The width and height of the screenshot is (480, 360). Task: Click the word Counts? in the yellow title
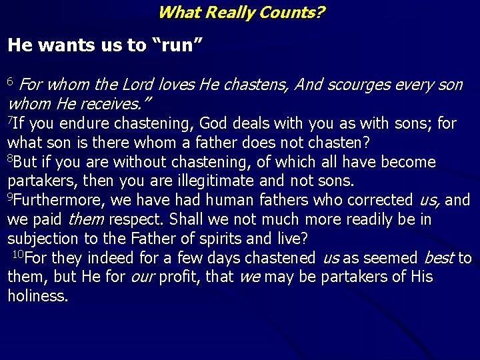pyautogui.click(x=288, y=12)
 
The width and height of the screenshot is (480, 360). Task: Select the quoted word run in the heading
pyautogui.click(x=178, y=45)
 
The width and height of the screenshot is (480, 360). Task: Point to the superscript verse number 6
pyautogui.click(x=10, y=81)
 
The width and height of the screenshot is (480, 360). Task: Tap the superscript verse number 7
pyautogui.click(x=9, y=119)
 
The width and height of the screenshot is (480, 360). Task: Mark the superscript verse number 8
pyautogui.click(x=10, y=158)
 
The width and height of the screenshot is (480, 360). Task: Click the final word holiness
pyautogui.click(x=37, y=295)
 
